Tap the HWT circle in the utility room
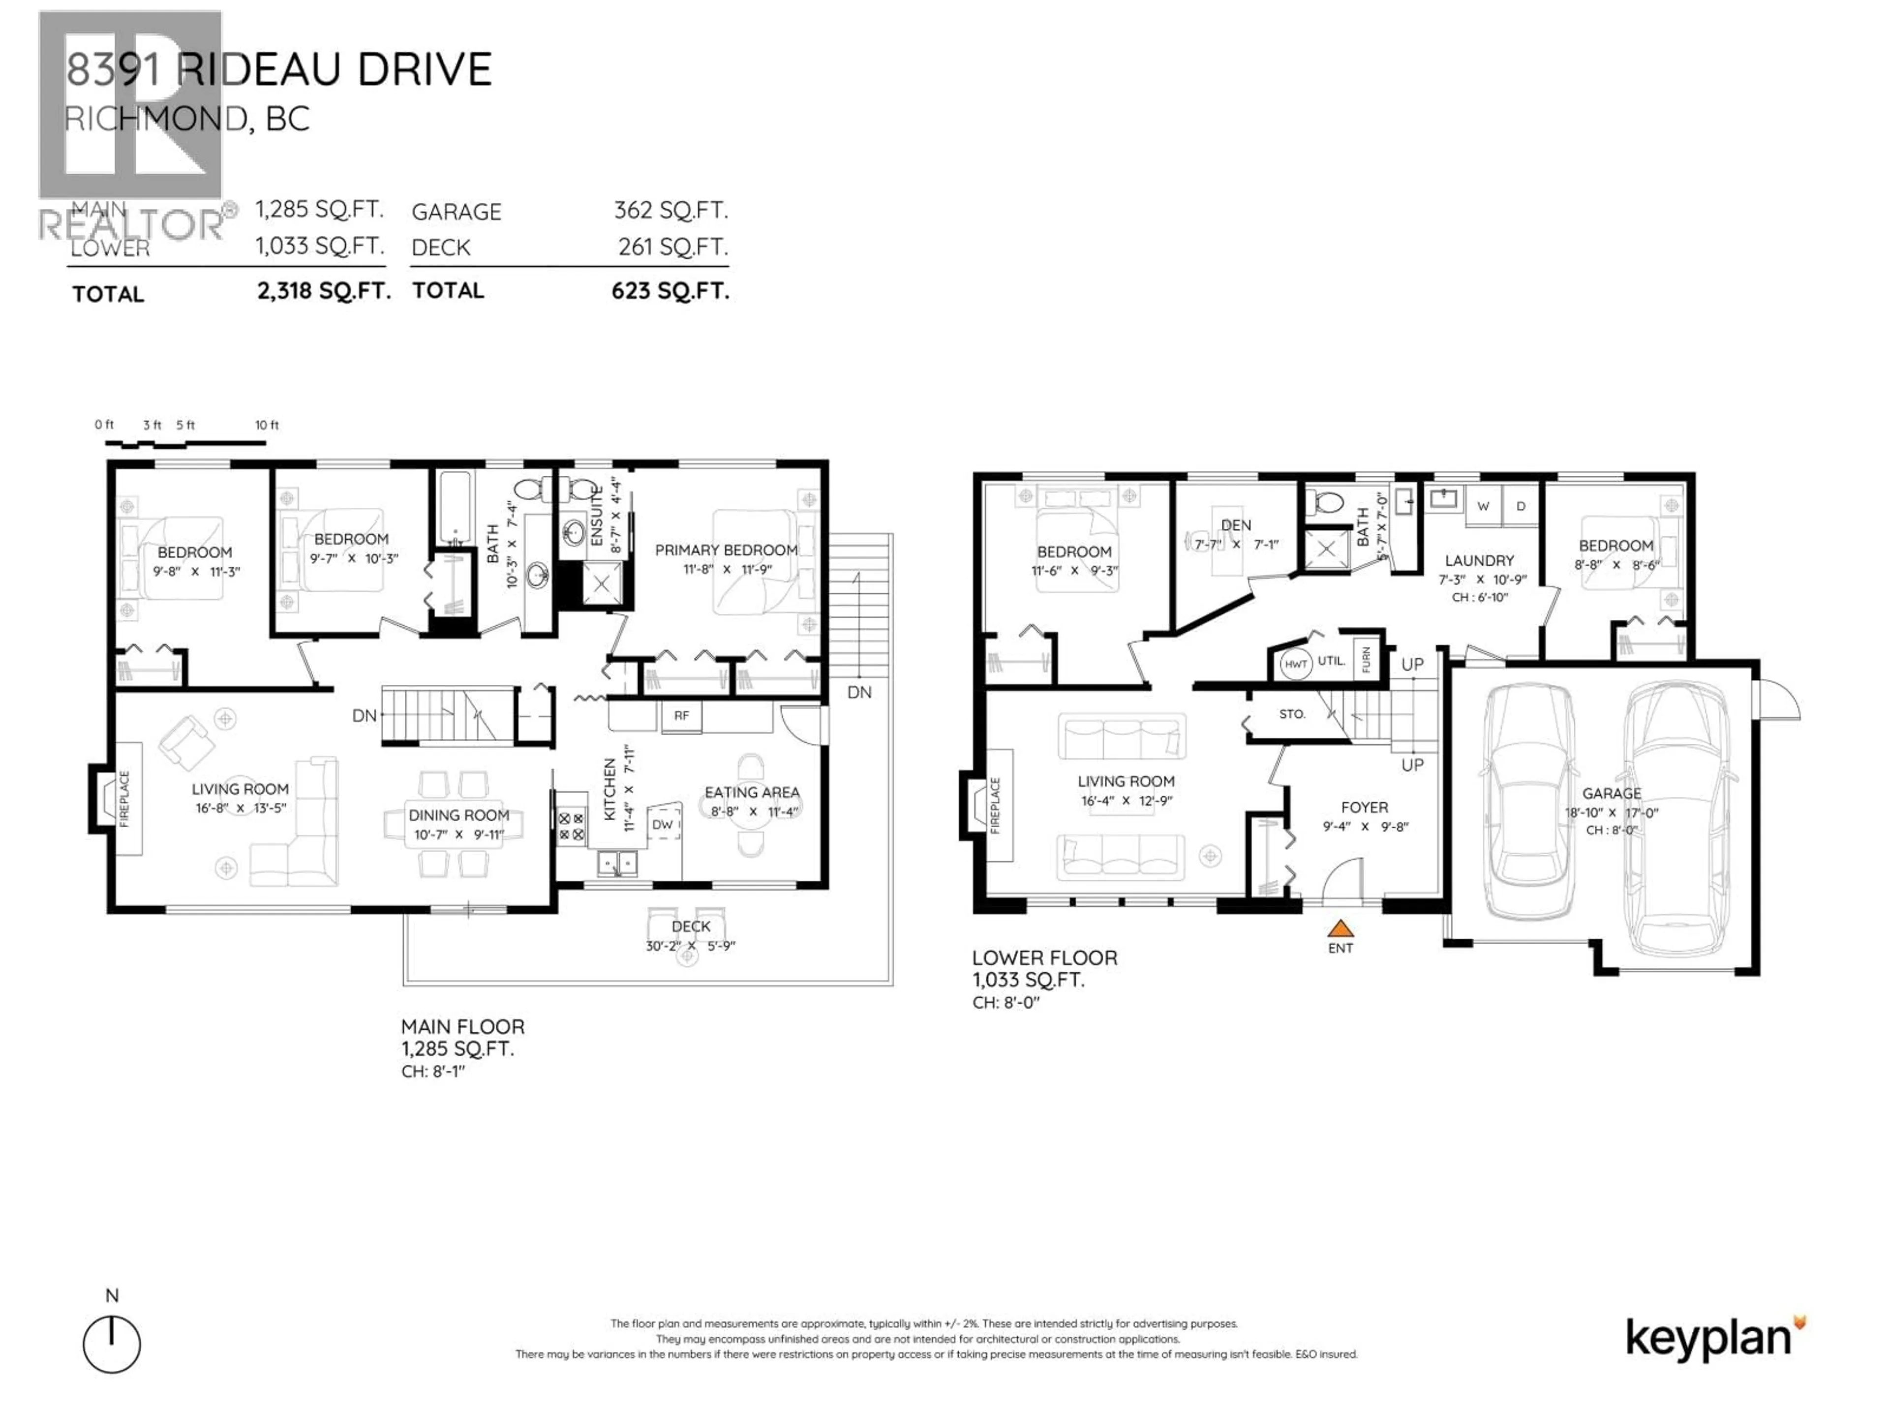[x=1295, y=664]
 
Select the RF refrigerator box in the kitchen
[x=681, y=716]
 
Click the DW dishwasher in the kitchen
[x=663, y=824]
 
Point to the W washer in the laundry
[x=1483, y=506]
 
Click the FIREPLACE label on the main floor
[x=124, y=799]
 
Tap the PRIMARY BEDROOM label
[x=726, y=550]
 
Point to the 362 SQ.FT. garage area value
[x=670, y=210]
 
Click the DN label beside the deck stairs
[x=859, y=692]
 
